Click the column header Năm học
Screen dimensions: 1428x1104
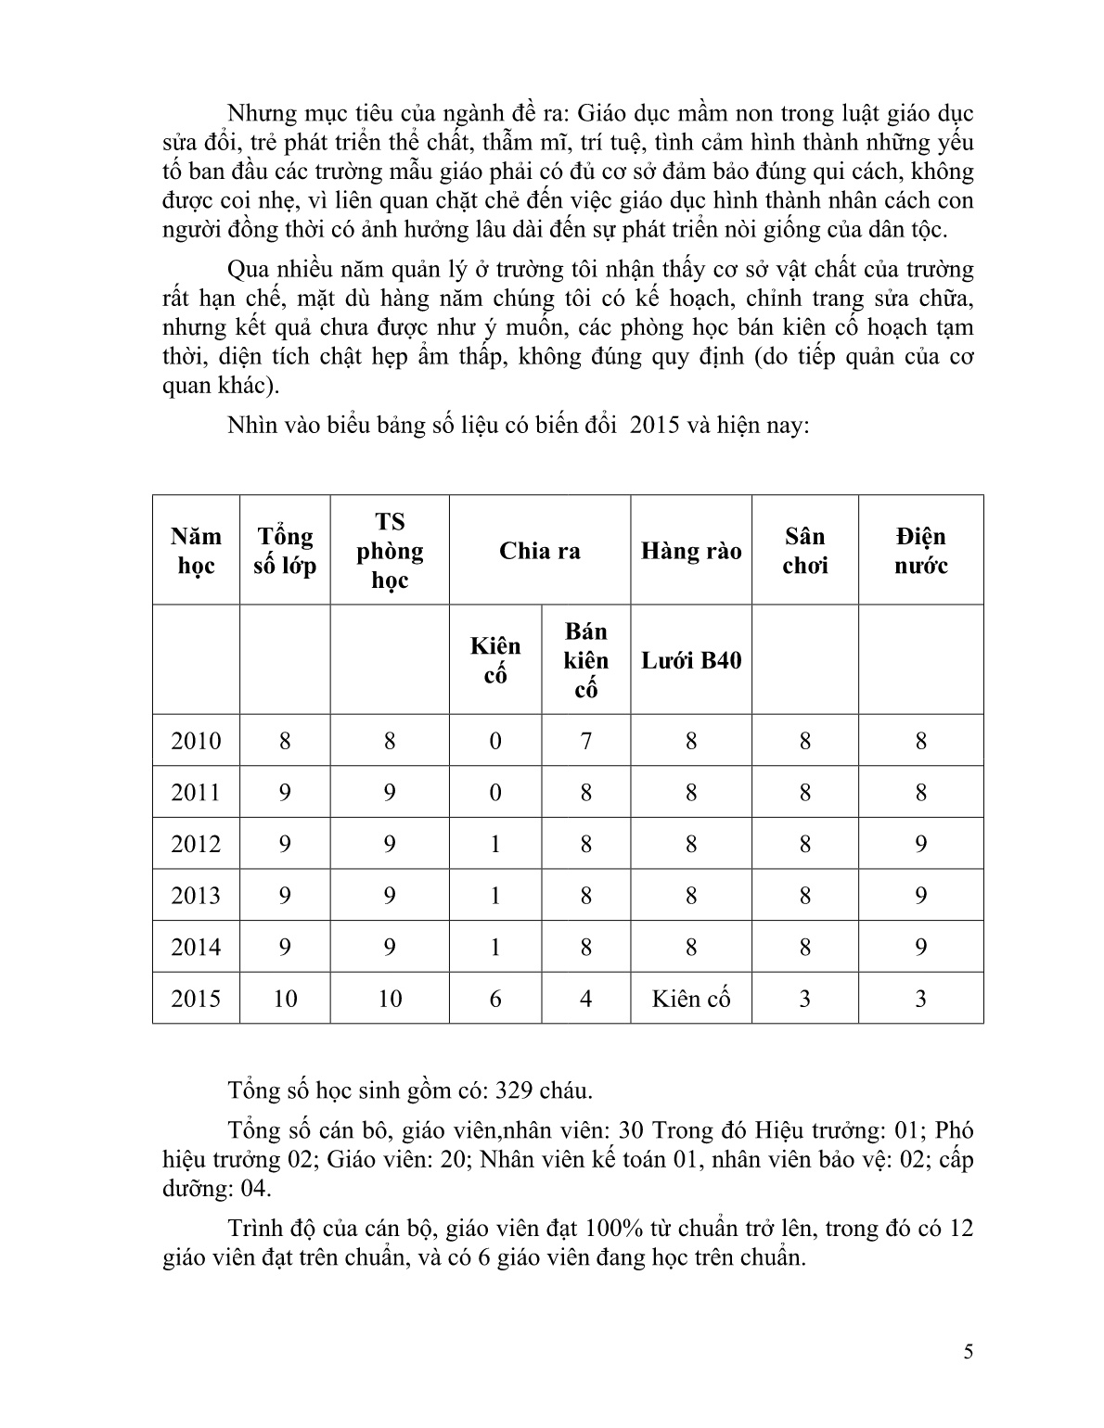196,551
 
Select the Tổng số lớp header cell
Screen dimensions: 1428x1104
285,551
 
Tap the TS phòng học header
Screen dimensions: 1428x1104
390,551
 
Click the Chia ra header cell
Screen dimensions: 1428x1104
540,551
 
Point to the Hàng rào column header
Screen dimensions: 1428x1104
691,551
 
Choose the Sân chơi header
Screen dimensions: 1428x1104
804,551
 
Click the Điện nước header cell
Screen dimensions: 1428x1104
920,551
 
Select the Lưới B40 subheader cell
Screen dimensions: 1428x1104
691,660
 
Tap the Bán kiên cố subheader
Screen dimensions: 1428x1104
585,660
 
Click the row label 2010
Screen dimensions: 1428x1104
196,741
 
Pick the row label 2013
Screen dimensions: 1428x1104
196,896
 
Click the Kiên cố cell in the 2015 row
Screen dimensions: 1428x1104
691,999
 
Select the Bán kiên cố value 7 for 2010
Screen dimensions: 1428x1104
585,741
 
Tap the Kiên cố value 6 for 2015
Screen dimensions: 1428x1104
495,999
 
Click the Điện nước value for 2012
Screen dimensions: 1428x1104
920,844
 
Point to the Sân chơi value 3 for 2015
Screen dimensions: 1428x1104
804,999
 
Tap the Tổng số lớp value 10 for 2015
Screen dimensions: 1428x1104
285,999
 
